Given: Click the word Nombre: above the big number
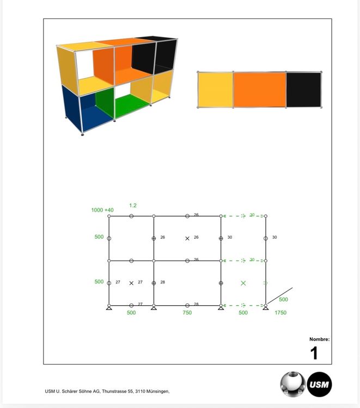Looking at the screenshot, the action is (x=319, y=339).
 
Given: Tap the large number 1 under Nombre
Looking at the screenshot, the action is (x=314, y=353).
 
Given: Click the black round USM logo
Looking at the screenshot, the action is (x=319, y=384).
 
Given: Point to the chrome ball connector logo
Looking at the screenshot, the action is (x=293, y=384).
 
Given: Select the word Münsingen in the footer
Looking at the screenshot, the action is (x=158, y=391).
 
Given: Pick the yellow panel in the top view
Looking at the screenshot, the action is (x=216, y=90).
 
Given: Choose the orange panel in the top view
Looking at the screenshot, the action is (x=259, y=90).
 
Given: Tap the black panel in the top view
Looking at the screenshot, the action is (x=304, y=90).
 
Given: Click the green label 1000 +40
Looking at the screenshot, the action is (x=102, y=210).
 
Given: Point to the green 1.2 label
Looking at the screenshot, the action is (x=133, y=206).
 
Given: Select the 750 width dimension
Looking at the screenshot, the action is (x=187, y=312).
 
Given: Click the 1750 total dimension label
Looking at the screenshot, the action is (x=280, y=312).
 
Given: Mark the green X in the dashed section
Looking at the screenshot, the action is (x=243, y=283).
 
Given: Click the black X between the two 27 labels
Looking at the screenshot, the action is (x=131, y=283).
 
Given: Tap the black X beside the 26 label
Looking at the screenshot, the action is (x=187, y=238).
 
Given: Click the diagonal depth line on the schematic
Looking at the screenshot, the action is (x=279, y=295).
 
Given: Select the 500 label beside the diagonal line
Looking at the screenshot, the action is (x=283, y=300).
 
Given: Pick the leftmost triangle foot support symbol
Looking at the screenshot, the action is (x=109, y=308).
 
